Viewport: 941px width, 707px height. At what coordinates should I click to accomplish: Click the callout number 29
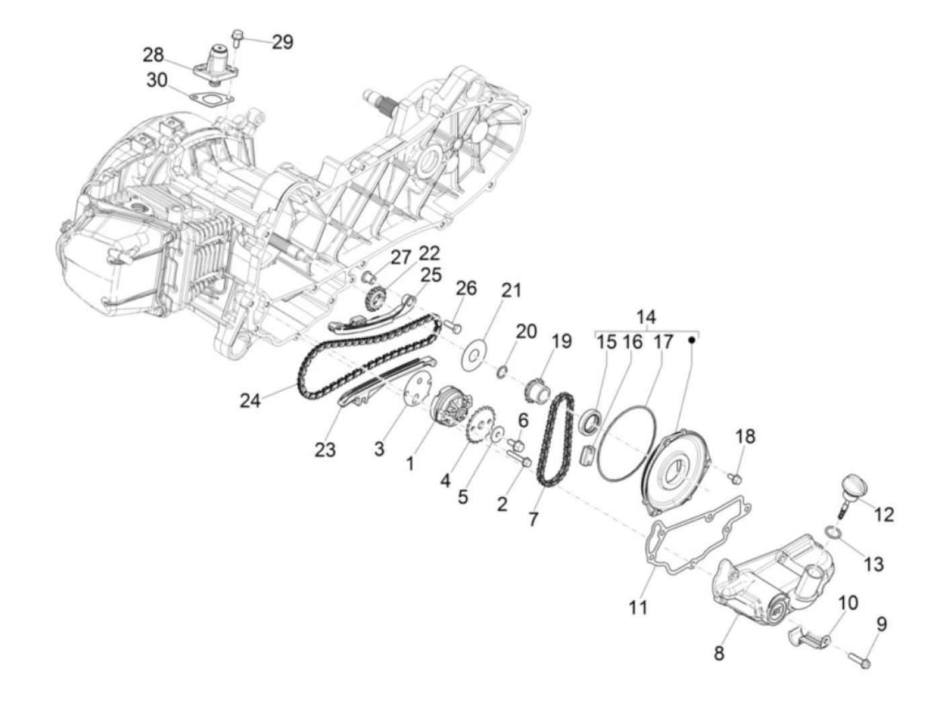pyautogui.click(x=282, y=42)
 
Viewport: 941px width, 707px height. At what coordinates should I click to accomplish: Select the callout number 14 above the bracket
pyautogui.click(x=647, y=317)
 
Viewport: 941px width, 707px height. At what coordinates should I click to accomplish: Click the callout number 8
pyautogui.click(x=719, y=652)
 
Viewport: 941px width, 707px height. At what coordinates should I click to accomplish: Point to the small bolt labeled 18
pyautogui.click(x=735, y=477)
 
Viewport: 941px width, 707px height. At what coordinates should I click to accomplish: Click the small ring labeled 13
pyautogui.click(x=833, y=533)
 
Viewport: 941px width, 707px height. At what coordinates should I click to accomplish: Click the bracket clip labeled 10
pyautogui.click(x=811, y=635)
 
